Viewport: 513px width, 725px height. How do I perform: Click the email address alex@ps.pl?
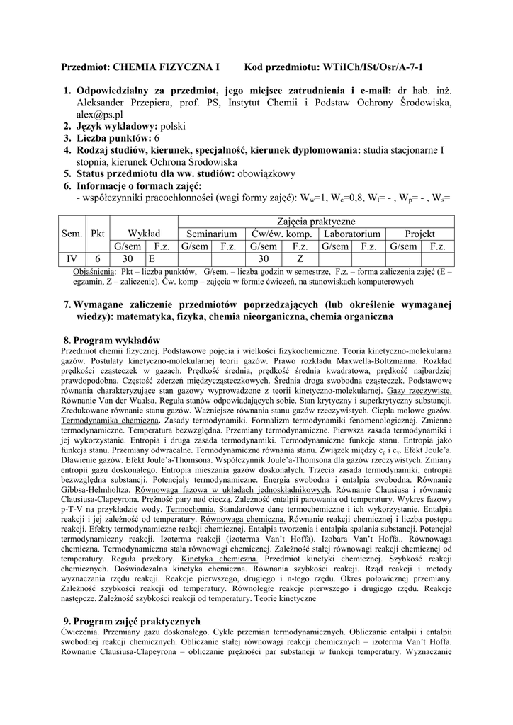pos(99,114)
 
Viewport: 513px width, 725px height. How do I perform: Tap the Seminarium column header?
pos(211,234)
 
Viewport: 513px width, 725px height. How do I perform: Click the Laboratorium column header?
pos(351,234)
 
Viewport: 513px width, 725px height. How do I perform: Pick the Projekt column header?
pos(419,234)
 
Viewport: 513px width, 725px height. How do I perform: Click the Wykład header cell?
pos(144,234)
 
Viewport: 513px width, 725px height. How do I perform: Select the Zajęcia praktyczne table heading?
pos(315,222)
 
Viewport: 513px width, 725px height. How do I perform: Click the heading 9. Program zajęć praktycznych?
pos(133,621)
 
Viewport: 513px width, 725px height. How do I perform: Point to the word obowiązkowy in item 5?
pos(265,173)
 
